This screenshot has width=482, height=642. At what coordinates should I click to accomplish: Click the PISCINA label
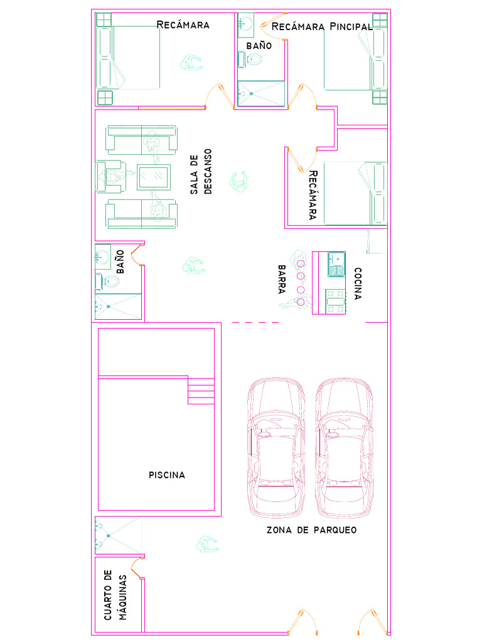point(167,475)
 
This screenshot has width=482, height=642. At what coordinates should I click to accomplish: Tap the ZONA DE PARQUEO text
point(311,530)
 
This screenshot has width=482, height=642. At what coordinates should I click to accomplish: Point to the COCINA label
point(358,284)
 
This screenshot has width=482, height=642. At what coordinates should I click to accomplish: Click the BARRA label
point(282,280)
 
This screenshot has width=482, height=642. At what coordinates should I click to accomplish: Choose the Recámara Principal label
point(321,26)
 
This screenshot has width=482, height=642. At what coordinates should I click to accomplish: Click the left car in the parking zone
point(277,448)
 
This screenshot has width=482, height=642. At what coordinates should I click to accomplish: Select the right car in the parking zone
point(344,448)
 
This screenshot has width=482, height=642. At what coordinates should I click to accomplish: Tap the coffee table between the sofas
point(154,177)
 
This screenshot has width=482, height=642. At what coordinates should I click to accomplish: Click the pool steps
point(201,391)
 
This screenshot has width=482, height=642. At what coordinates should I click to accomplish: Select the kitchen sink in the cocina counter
point(336,263)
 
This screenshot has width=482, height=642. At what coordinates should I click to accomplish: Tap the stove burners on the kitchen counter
point(336,301)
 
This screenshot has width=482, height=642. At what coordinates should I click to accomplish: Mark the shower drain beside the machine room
point(108,536)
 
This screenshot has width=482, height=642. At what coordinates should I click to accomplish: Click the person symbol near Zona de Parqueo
point(207,545)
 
